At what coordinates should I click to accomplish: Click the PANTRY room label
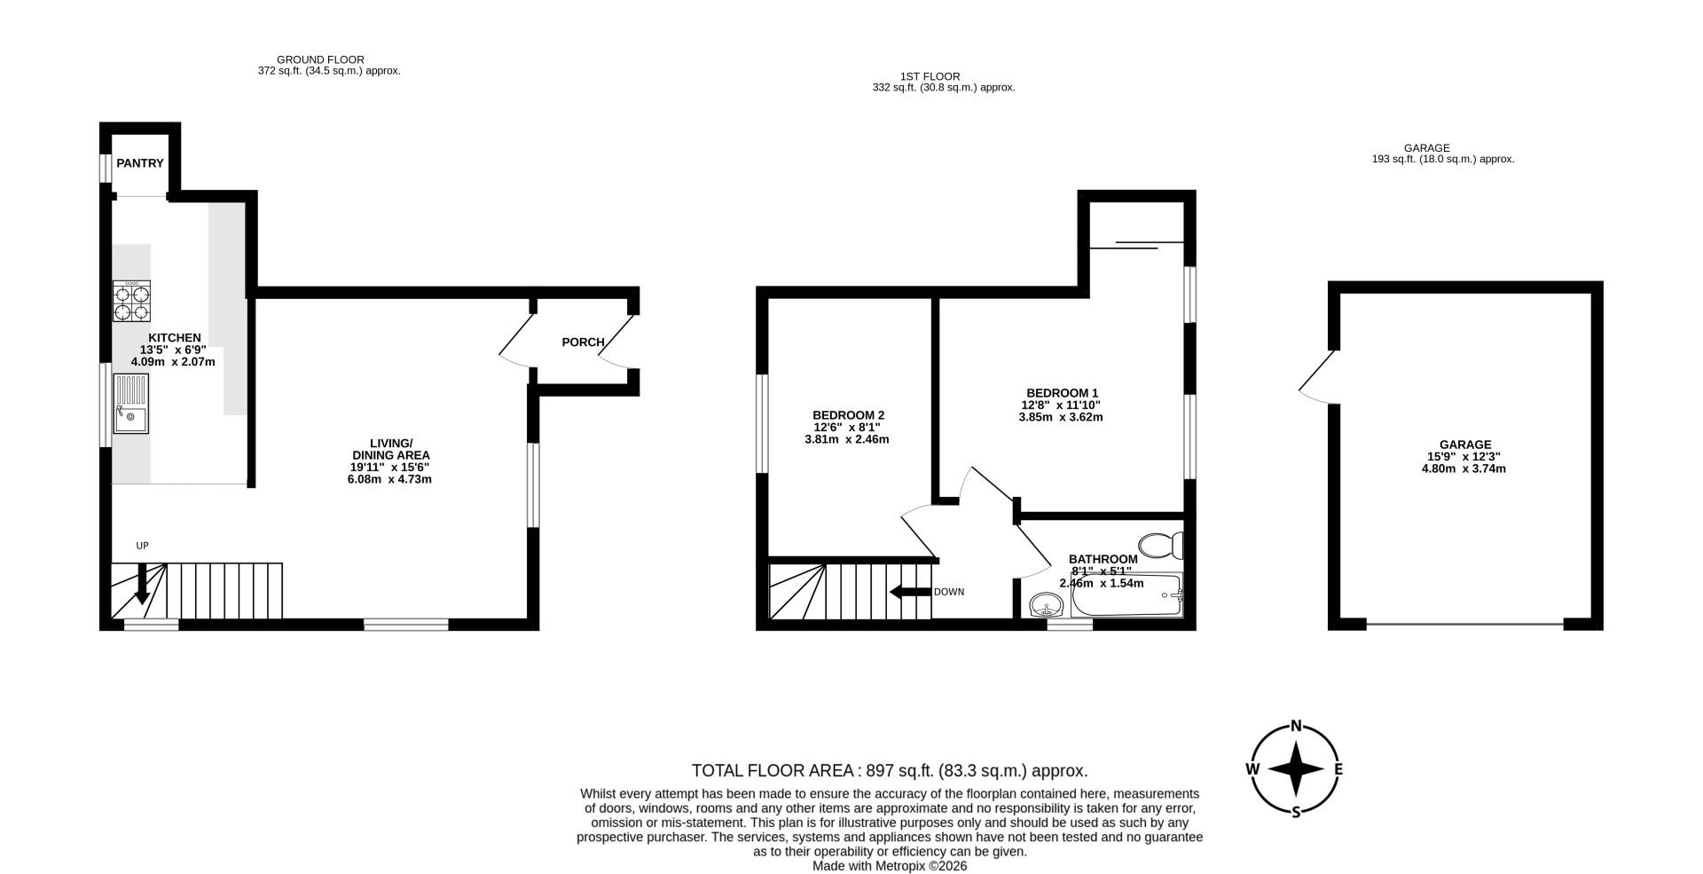[x=140, y=163]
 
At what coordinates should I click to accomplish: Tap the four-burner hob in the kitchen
[x=131, y=302]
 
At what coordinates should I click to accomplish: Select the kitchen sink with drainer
[x=130, y=404]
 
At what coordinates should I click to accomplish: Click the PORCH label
[x=583, y=343]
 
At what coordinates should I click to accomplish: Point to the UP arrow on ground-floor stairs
[x=139, y=587]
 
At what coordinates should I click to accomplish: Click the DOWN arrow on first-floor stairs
[x=909, y=592]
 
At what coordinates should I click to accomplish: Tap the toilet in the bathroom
[x=1161, y=544]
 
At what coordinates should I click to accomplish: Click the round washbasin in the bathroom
[x=1048, y=607]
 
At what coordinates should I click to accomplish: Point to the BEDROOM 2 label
[x=848, y=415]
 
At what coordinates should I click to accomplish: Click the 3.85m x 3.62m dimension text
[x=1061, y=417]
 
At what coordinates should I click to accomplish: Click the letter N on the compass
[x=1295, y=727]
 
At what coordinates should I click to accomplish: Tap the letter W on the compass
[x=1253, y=769]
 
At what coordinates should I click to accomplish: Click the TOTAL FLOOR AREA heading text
[x=889, y=770]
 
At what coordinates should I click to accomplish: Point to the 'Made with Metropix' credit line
[x=889, y=866]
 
